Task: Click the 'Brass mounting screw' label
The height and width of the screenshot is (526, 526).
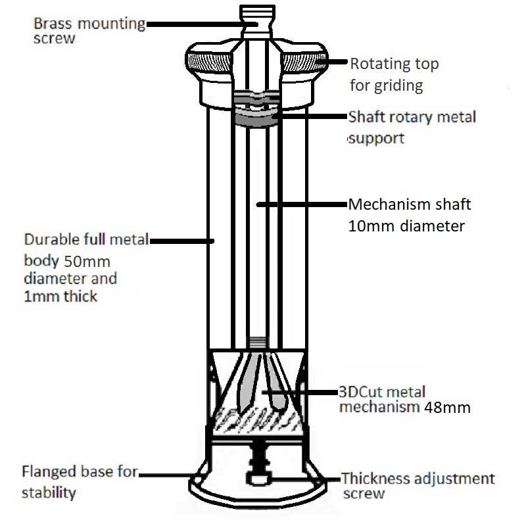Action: point(89,30)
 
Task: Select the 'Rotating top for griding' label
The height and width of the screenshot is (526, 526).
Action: point(393,74)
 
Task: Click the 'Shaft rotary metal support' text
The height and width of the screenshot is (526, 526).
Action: point(411,127)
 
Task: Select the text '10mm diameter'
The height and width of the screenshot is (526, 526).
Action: point(406,226)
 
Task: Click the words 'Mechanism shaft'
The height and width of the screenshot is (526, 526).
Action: point(409,204)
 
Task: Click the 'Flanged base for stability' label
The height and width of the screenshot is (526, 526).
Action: point(79,481)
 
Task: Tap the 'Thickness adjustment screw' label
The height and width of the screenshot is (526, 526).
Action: point(418,485)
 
